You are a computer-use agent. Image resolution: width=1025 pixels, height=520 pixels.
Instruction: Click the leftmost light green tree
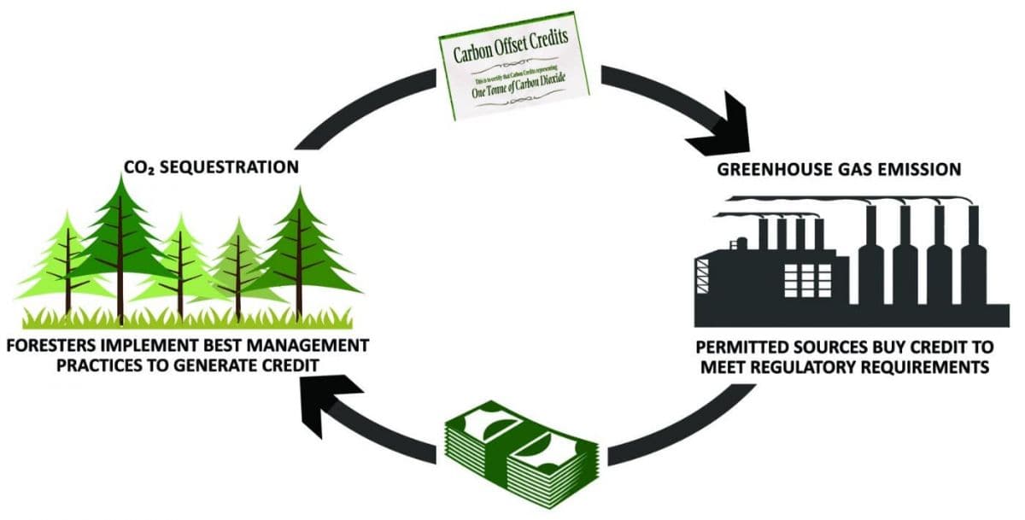click(65, 265)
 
